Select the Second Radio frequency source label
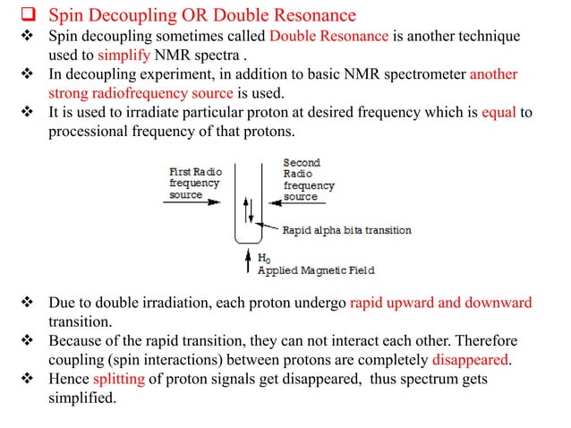point(308,180)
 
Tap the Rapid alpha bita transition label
point(347,230)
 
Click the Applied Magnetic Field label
point(315,270)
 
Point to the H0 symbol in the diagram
point(264,258)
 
